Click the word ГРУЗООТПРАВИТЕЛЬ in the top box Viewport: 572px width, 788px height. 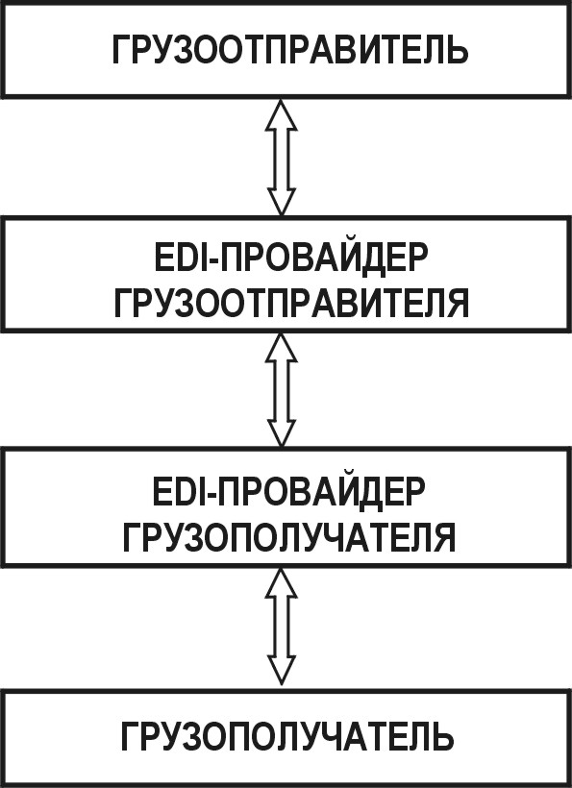coord(290,49)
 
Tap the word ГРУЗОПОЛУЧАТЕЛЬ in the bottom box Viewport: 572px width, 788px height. coord(287,737)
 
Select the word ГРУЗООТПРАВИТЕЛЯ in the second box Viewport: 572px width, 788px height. coord(291,303)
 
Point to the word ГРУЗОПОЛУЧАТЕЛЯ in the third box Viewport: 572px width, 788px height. coord(289,537)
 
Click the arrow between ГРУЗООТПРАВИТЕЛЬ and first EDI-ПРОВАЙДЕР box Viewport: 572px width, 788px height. coord(282,157)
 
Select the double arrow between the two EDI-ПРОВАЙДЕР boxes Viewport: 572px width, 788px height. coord(282,390)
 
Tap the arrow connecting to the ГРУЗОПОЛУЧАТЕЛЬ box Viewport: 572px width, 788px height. coord(282,627)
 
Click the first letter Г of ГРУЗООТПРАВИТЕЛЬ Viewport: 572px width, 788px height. coord(122,49)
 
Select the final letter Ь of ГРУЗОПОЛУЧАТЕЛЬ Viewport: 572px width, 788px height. coord(442,737)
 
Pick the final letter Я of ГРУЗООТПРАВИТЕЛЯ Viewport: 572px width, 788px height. coord(458,303)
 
